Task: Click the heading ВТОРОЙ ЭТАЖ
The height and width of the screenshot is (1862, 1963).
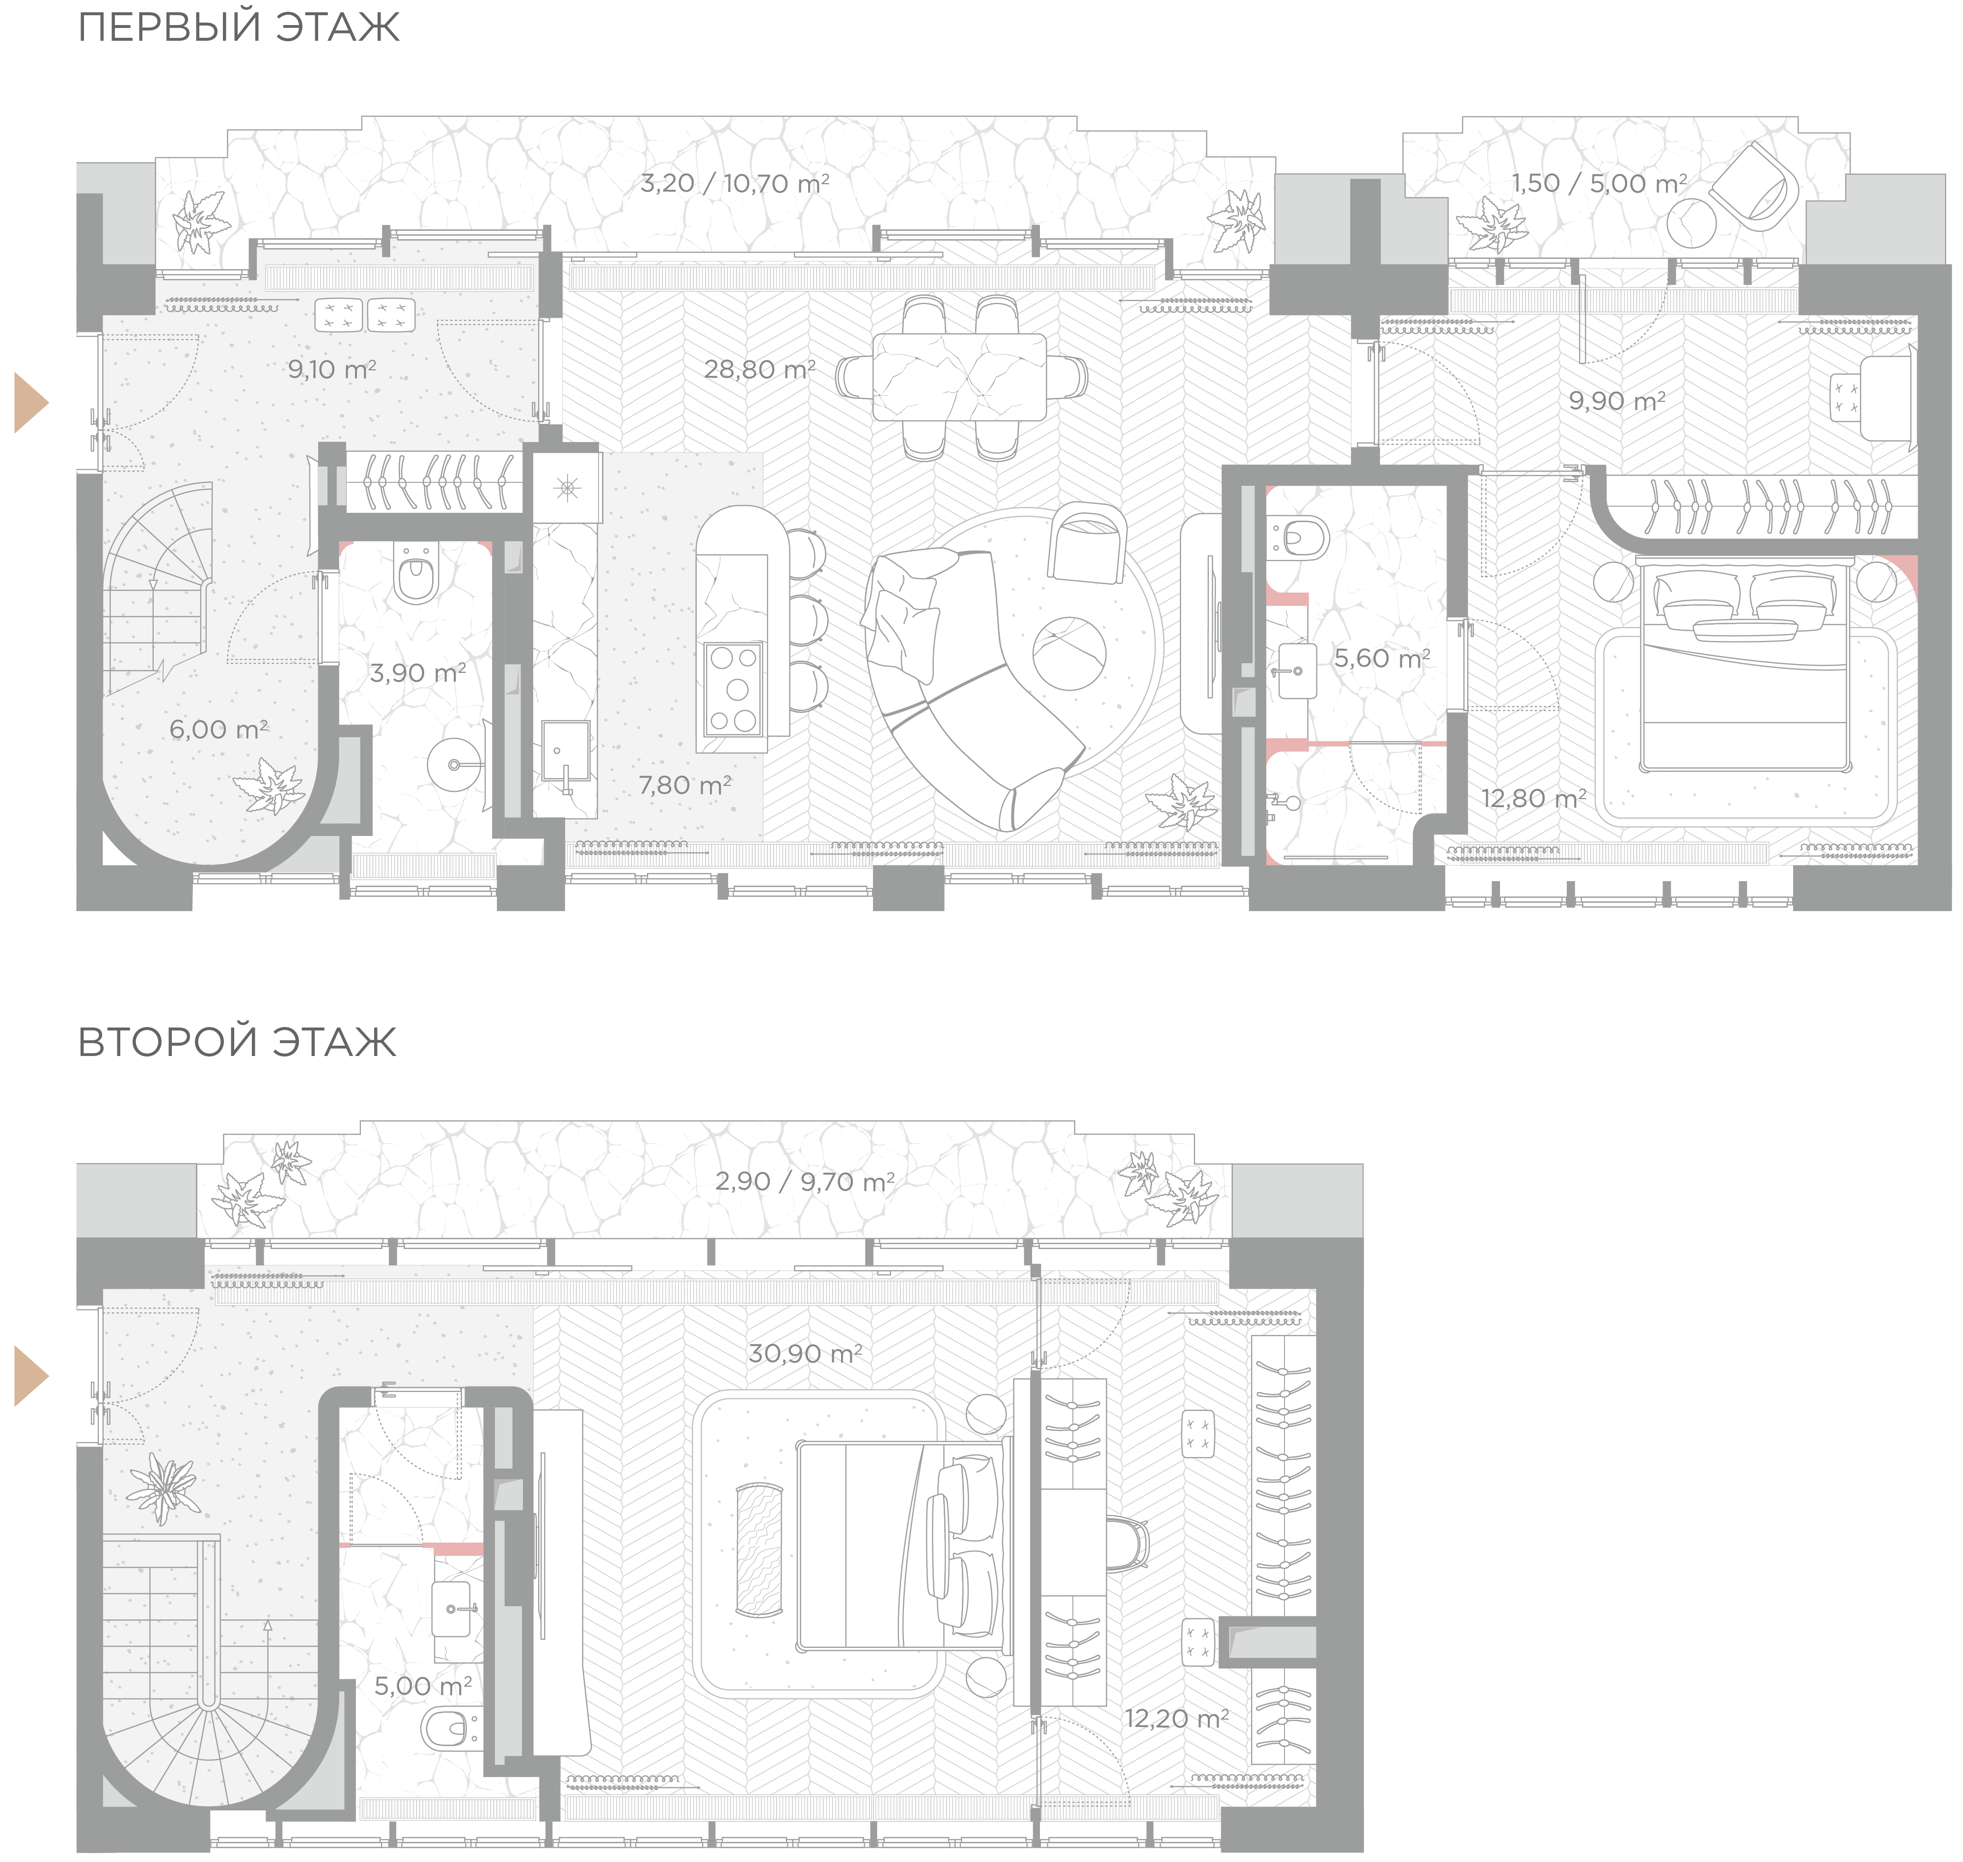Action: click(237, 1042)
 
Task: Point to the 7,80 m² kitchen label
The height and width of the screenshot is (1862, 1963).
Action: click(685, 785)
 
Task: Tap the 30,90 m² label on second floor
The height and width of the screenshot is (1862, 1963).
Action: click(805, 1353)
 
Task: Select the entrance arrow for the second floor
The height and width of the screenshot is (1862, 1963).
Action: click(31, 1376)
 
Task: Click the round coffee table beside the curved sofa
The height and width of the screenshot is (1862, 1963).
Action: click(1069, 652)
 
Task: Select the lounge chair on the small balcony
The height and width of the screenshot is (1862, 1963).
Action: click(1759, 187)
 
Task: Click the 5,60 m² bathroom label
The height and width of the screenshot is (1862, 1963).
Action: click(1382, 658)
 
